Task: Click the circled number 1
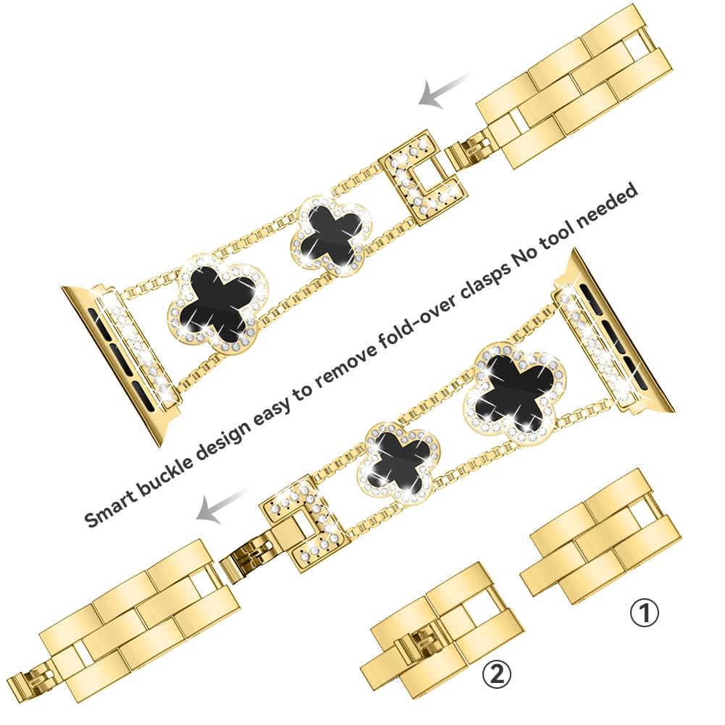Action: click(x=645, y=614)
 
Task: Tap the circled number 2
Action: click(x=497, y=675)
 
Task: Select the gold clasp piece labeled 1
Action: click(x=601, y=537)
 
